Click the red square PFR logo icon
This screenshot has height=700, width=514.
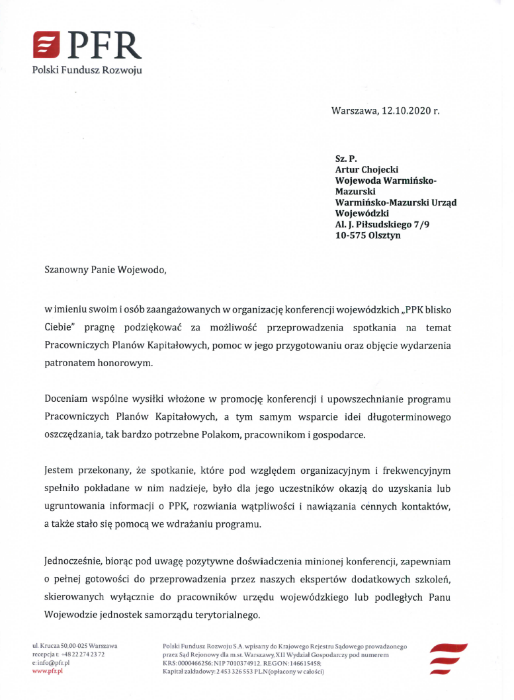click(x=48, y=46)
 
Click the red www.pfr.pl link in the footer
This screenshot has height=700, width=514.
click(x=47, y=671)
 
